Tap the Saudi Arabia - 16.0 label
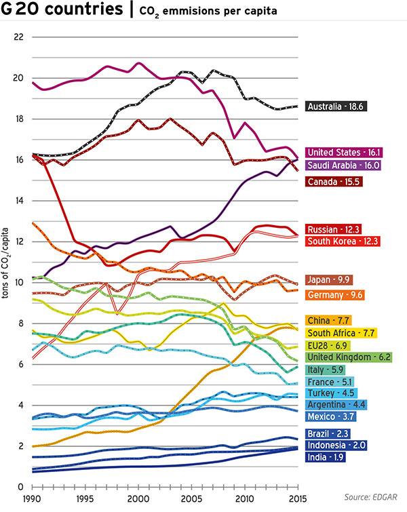[x=343, y=165]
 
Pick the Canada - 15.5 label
[x=333, y=182]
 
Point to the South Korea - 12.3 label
[x=343, y=241]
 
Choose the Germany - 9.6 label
[x=335, y=295]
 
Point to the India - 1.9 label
[x=326, y=457]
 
